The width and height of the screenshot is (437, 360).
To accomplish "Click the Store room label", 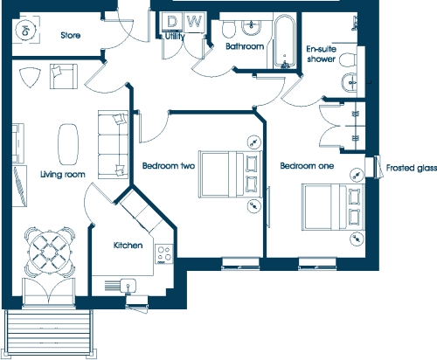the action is click(71, 35).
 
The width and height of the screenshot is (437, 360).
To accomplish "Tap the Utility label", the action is click(175, 37).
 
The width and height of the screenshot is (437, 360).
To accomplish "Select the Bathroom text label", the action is click(245, 46).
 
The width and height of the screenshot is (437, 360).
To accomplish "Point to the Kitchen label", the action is click(128, 246).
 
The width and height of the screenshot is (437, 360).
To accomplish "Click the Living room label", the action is click(63, 175).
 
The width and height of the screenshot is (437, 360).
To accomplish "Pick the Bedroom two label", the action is click(169, 166).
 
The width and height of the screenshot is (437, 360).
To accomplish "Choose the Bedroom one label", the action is click(307, 166).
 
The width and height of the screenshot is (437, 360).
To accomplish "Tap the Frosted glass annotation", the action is click(412, 168).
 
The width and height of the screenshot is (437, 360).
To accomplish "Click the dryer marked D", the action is click(172, 21).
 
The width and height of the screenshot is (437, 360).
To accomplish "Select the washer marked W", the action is click(195, 21).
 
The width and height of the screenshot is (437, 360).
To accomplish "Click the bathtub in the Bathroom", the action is click(285, 42).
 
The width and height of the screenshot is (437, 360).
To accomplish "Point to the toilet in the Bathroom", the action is click(229, 29).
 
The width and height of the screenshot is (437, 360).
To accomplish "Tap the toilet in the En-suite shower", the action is click(348, 60).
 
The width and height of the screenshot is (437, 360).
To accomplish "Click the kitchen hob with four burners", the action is click(164, 254).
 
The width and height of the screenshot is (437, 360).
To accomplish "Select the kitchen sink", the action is click(128, 285).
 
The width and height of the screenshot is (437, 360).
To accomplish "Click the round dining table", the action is click(50, 252).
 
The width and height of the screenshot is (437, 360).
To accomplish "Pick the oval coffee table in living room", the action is click(68, 144).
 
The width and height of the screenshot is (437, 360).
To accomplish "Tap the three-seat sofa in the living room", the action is click(113, 144).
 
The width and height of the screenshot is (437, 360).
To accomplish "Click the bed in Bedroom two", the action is click(230, 174).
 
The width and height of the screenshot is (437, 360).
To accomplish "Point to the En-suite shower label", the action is click(322, 54).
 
